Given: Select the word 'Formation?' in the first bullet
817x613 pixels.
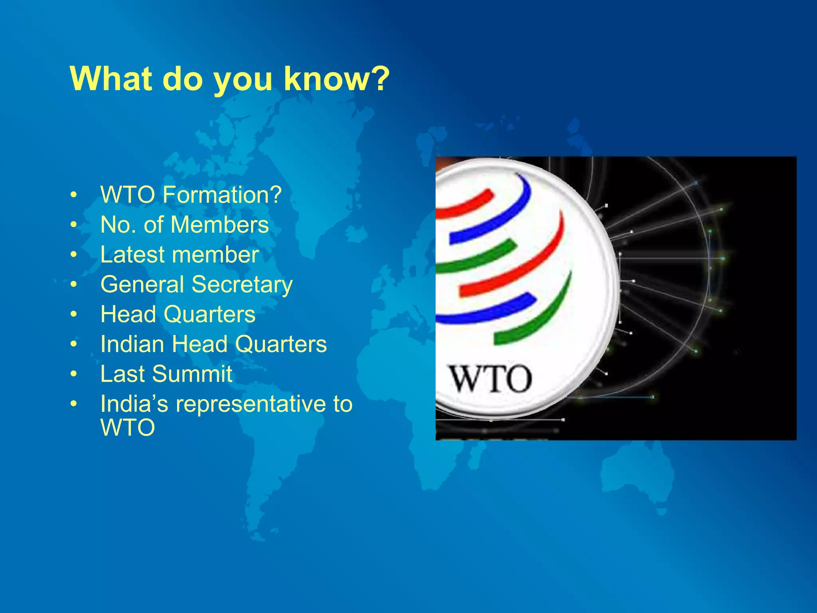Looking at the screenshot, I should click(222, 195).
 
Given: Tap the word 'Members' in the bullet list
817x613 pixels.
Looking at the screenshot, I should click(219, 225).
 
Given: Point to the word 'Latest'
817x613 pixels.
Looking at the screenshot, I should click(132, 255).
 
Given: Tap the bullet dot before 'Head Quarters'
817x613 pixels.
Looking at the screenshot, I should click(73, 315).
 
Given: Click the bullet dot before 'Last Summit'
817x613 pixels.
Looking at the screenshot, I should click(73, 375).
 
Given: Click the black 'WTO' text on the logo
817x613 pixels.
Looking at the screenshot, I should click(491, 379).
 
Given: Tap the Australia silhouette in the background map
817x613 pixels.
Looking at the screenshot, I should click(634, 475).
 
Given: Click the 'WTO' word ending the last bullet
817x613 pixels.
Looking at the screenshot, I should click(128, 428).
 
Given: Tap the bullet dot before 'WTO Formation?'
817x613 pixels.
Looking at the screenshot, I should click(73, 195).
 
